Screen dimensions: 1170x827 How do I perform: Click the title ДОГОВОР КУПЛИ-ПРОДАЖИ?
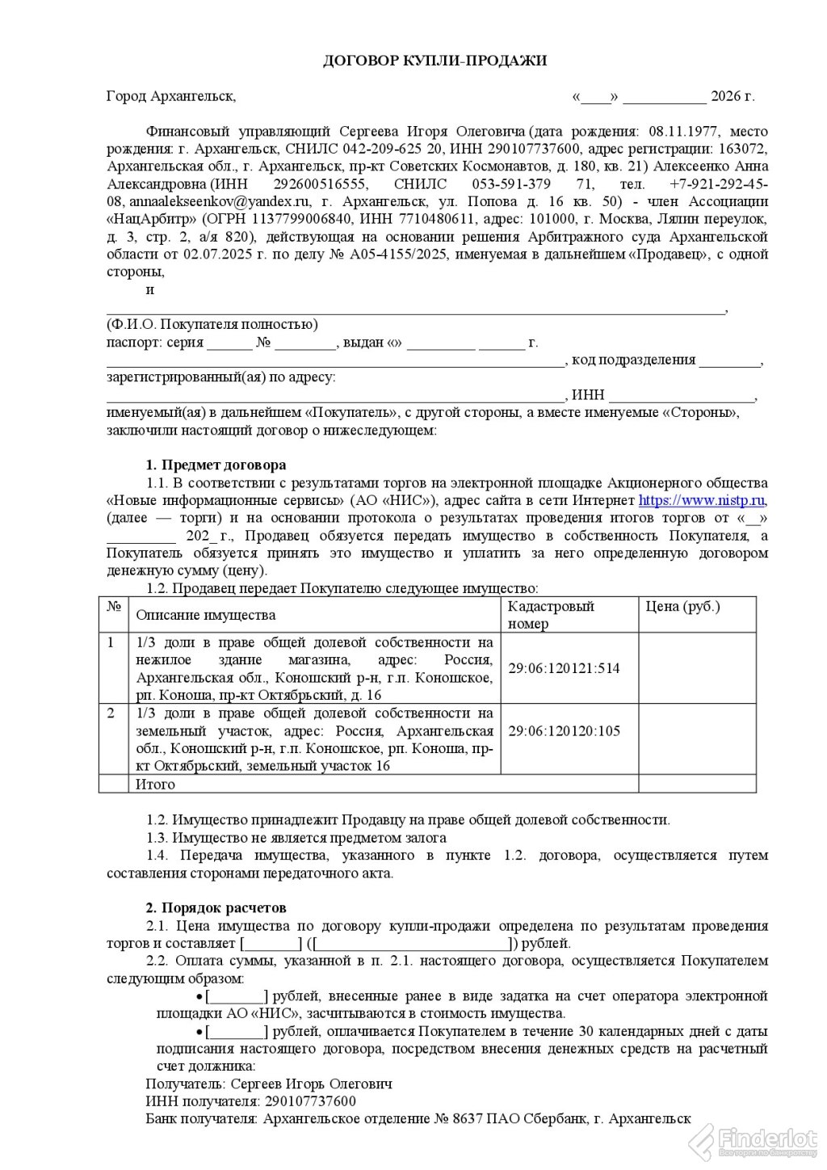point(435,61)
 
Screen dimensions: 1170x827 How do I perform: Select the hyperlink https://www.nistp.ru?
point(702,501)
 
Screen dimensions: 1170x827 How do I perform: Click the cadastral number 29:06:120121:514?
point(564,668)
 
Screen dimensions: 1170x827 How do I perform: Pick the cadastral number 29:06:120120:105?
point(564,731)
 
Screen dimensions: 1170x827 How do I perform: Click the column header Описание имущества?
point(205,615)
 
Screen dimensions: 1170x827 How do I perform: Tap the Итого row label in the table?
point(155,784)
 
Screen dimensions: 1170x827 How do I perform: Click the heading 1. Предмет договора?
point(216,465)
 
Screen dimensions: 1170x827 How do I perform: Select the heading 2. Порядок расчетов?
point(216,908)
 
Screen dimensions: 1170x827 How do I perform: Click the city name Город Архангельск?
point(170,97)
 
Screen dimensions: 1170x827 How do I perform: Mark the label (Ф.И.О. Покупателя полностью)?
point(212,325)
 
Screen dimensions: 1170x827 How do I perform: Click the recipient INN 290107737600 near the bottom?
point(308,1101)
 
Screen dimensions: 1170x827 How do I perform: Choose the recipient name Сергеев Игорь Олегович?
point(312,1084)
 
